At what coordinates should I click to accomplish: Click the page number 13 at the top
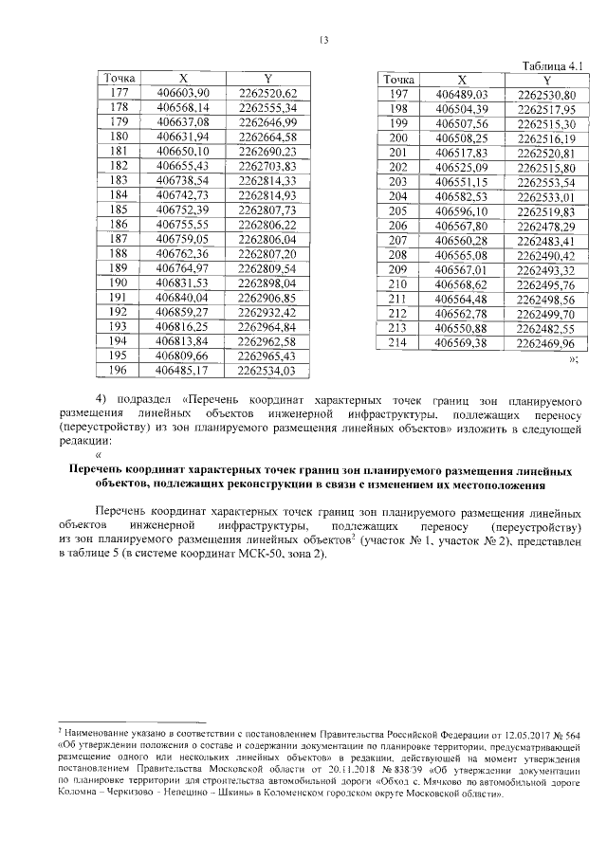coord(323,40)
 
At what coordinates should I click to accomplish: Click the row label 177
coord(120,92)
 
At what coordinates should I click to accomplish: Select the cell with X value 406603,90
coord(183,92)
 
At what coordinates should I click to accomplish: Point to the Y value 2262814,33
coord(268,179)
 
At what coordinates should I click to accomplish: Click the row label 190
coord(120,282)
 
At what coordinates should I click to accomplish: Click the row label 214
coord(397,342)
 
